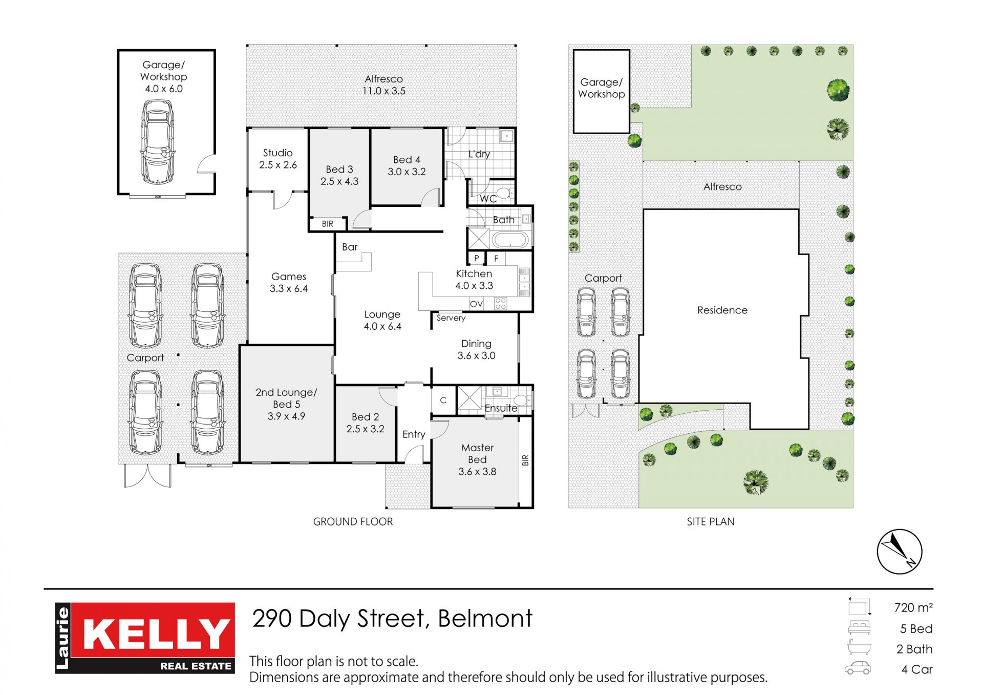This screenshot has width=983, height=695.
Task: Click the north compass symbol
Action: pos(899,552)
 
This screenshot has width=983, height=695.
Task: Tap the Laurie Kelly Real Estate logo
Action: pos(145,638)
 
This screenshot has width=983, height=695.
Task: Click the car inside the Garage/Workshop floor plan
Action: pos(157,142)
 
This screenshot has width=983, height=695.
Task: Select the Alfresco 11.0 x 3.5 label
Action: pos(384,85)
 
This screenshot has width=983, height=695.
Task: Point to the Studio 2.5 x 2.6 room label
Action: pos(278,159)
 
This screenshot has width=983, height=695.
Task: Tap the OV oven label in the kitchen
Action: pos(476,304)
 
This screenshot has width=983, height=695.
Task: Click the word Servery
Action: pos(451,318)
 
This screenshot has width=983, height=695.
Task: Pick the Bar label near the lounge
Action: pos(350,247)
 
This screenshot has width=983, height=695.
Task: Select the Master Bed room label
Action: pos(477,459)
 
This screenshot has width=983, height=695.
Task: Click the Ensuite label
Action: pos(501,408)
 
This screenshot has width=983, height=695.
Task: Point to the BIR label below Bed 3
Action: pos(328,224)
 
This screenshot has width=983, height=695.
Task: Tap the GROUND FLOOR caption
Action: pos(353,521)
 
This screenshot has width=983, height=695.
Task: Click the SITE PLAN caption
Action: pos(711,521)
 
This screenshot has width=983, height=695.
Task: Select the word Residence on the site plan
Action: pos(722,310)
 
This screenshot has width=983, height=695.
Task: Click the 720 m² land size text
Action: pos(913,607)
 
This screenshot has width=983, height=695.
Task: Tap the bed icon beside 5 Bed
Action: pos(859,628)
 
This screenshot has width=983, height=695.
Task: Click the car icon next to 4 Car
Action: pos(858,668)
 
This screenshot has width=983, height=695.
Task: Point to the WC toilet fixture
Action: pos(504,193)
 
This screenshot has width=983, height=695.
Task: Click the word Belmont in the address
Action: pos(485,618)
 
